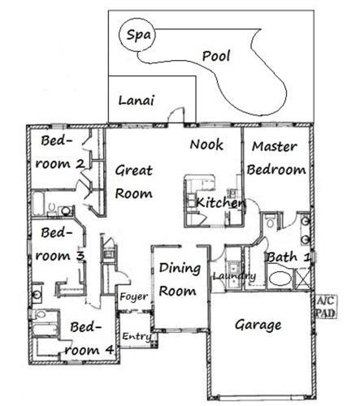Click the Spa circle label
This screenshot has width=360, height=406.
(x=139, y=35)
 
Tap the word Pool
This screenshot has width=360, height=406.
(x=216, y=56)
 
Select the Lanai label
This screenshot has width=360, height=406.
(x=137, y=101)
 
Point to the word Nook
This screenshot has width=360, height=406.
(x=206, y=145)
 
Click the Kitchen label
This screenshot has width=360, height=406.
(x=220, y=202)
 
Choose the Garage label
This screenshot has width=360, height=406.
(x=258, y=325)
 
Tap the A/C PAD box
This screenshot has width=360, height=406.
(x=326, y=307)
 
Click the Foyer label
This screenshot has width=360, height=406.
(x=134, y=297)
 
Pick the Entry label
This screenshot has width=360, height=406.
(x=137, y=336)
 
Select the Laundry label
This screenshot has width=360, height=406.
(x=234, y=276)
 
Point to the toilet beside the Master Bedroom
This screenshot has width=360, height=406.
(x=270, y=221)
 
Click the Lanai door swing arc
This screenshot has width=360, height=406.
(x=176, y=114)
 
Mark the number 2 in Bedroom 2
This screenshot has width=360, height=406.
(x=80, y=164)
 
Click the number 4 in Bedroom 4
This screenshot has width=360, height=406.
(x=109, y=350)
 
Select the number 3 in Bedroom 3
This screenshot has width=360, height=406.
(x=80, y=256)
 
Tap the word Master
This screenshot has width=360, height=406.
(x=275, y=146)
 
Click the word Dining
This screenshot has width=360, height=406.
(x=180, y=268)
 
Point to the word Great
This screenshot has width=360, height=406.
(x=134, y=171)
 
